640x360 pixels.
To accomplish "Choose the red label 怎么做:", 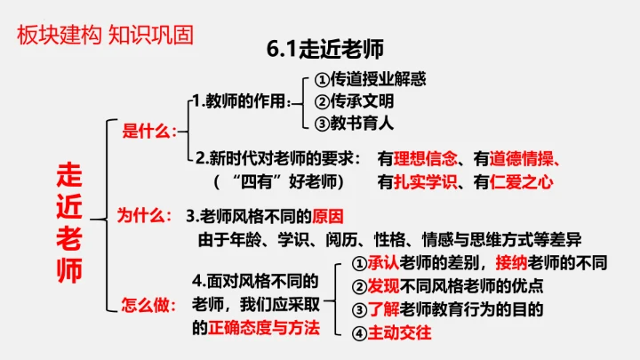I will click(147, 305).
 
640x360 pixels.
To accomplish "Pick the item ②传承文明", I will click(356, 100).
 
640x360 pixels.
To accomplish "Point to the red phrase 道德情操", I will click(523, 159).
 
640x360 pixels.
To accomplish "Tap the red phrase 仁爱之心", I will click(523, 182).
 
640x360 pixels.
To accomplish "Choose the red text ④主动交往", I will click(391, 333).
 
